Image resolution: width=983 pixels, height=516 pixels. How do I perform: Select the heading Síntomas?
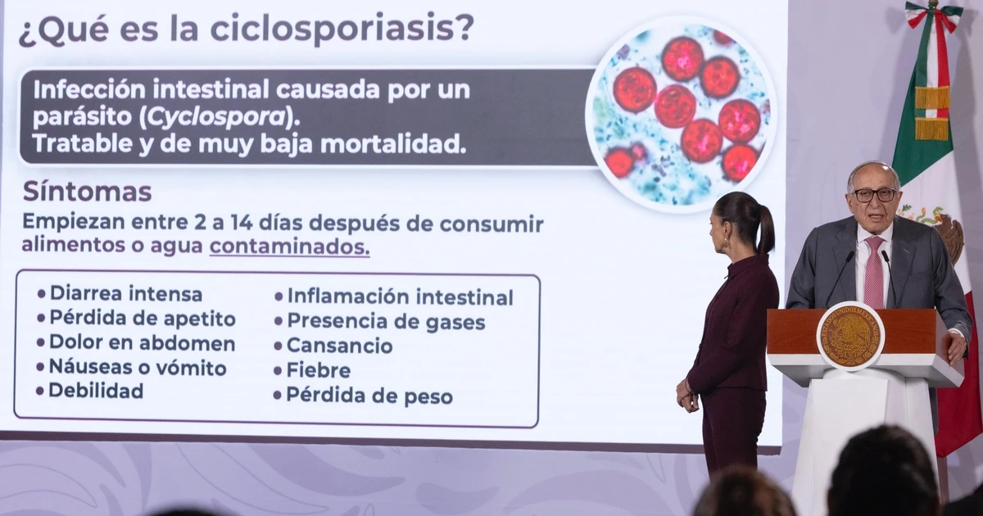[x=87, y=192]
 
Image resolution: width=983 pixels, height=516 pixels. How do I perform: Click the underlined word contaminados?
[x=290, y=247]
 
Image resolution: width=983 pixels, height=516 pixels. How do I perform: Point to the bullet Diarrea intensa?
[x=120, y=293]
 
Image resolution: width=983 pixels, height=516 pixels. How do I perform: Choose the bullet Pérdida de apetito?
[x=137, y=319]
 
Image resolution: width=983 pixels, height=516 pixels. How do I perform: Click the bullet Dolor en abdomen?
[x=136, y=343]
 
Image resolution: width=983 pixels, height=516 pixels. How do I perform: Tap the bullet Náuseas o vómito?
[x=132, y=367]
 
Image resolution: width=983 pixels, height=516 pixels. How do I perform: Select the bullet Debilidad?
[x=90, y=391]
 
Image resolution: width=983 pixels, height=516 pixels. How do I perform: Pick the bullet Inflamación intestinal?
[x=394, y=297]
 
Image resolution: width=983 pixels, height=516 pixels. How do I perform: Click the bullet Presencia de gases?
[x=380, y=322]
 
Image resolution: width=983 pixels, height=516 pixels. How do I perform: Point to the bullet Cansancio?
[x=333, y=346]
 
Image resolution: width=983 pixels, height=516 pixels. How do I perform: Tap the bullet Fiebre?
[x=312, y=370]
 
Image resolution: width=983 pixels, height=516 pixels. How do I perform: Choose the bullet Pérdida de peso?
[x=363, y=396]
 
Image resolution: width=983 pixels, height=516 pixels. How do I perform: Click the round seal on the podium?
[x=850, y=336]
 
